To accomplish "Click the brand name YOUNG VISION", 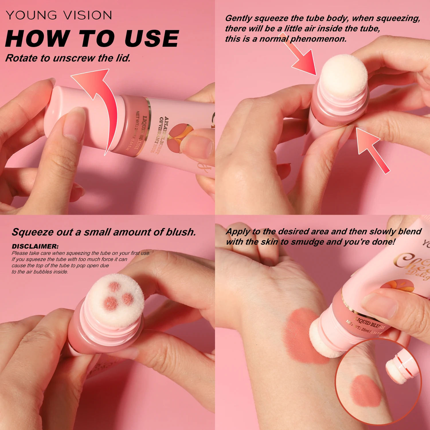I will coord(59,15).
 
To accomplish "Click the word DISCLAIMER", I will coord(35,246).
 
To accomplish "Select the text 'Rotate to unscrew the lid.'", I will coord(68,58).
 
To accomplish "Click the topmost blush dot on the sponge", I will coord(115,286).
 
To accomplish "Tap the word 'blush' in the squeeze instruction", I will coord(181,232).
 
